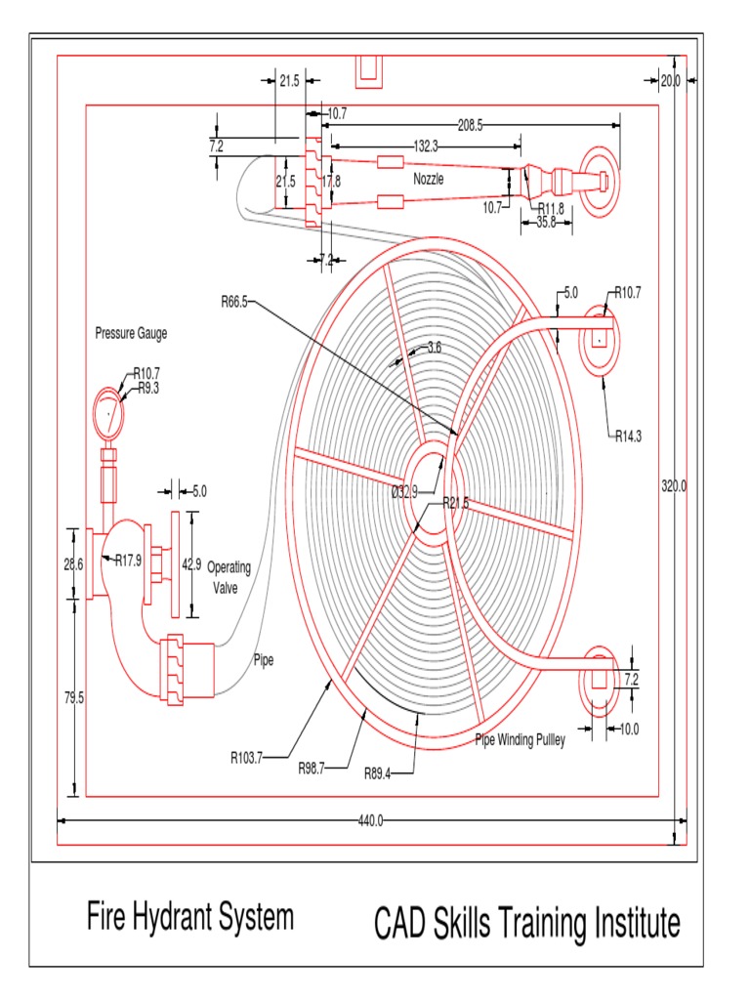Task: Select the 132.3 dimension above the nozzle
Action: pyautogui.click(x=426, y=146)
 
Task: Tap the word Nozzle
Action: pyautogui.click(x=428, y=180)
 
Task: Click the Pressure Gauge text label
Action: pyautogui.click(x=131, y=333)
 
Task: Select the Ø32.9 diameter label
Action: pyautogui.click(x=403, y=492)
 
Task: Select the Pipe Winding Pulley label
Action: pyautogui.click(x=520, y=739)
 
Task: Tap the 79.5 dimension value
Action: pyautogui.click(x=74, y=697)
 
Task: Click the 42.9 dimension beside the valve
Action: pyautogui.click(x=190, y=563)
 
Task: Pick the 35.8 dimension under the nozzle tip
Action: pyautogui.click(x=546, y=222)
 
